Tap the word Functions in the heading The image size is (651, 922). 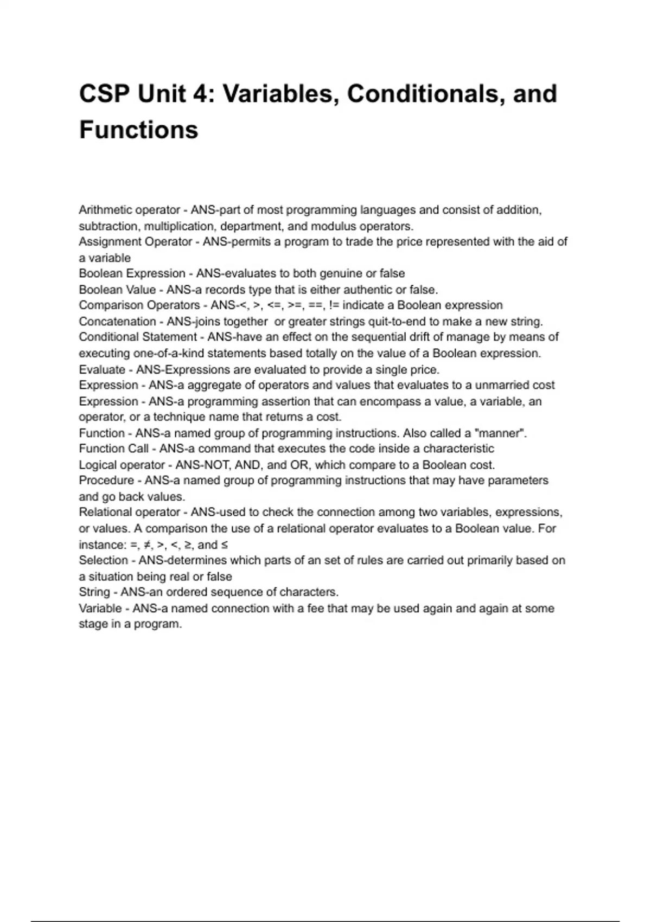(139, 130)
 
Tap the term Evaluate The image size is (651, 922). (102, 369)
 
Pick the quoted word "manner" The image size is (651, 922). (501, 433)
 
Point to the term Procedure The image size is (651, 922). (106, 481)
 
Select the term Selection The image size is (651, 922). (103, 560)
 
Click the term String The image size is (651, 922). (94, 592)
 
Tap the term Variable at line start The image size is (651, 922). (100, 608)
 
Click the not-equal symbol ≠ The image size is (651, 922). (148, 545)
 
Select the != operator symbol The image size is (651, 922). (334, 305)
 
